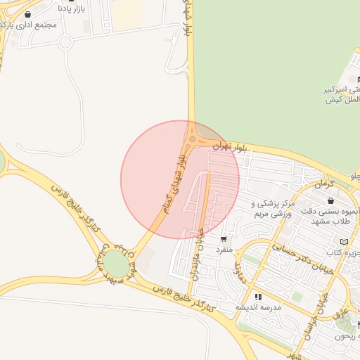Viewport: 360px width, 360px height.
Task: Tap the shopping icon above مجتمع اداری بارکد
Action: tap(27, 13)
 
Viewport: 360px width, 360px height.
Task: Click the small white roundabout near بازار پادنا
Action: tap(65, 41)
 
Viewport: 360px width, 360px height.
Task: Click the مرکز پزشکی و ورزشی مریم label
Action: tap(271, 209)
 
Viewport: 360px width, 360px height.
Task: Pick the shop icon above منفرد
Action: tap(224, 239)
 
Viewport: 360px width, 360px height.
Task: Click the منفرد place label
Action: tap(222, 250)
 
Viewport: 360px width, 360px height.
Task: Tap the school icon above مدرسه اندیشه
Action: tap(258, 297)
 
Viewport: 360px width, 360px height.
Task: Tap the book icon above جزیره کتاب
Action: tap(343, 242)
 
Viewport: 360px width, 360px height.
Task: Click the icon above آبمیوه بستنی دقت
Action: tap(330, 201)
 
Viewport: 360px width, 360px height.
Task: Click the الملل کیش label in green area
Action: tap(342, 101)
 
